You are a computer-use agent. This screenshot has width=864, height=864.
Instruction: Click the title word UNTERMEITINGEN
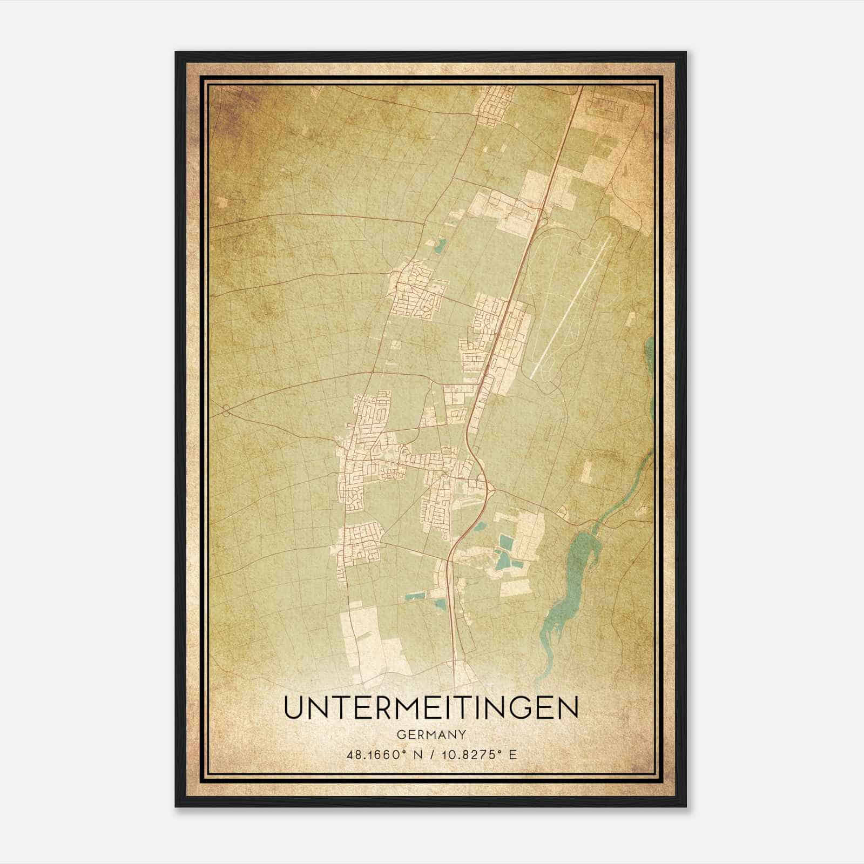[x=431, y=707]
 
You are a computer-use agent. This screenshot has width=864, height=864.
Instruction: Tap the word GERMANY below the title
[x=431, y=735]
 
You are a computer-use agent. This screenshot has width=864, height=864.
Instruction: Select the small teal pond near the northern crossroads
[x=440, y=247]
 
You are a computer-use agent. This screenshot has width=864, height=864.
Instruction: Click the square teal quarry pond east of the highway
[x=507, y=541]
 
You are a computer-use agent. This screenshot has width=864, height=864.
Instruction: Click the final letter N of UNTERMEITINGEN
[x=568, y=707]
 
